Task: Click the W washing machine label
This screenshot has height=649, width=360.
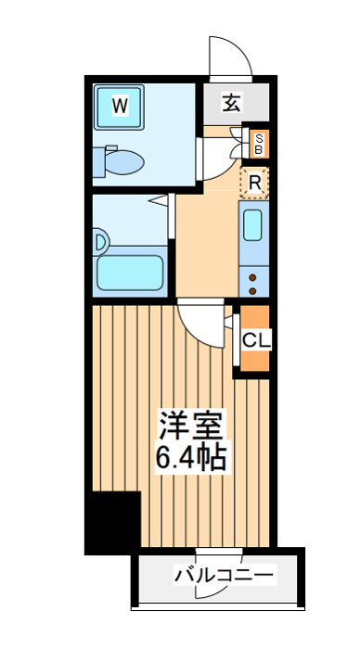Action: pyautogui.click(x=120, y=107)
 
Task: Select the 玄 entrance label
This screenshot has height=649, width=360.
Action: pyautogui.click(x=231, y=103)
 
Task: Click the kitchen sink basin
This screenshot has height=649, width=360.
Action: pyautogui.click(x=252, y=224)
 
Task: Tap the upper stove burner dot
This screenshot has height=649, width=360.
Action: pyautogui.click(x=252, y=278)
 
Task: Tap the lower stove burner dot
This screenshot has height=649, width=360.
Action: pyautogui.click(x=252, y=290)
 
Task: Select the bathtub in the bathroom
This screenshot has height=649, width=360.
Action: pyautogui.click(x=129, y=273)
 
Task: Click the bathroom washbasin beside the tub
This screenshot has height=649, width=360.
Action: pyautogui.click(x=100, y=241)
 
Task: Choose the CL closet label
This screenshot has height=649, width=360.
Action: pyautogui.click(x=256, y=340)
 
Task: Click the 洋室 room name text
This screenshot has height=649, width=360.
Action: pyautogui.click(x=190, y=426)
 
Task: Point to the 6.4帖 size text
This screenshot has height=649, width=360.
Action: pyautogui.click(x=190, y=457)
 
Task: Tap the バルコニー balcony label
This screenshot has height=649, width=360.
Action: pyautogui.click(x=225, y=575)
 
